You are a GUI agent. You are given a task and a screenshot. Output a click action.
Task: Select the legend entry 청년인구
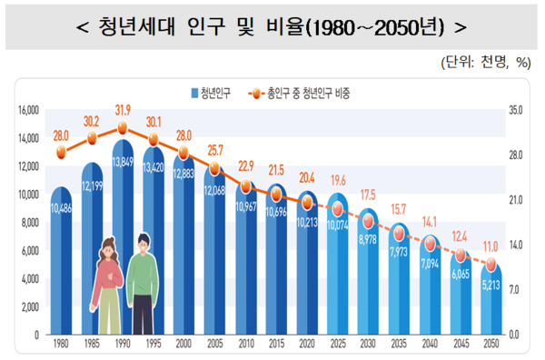(x=214, y=93)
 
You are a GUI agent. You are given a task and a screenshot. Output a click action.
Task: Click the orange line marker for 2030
(x=369, y=222)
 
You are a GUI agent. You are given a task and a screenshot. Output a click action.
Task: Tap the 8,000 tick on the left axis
(x=29, y=222)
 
